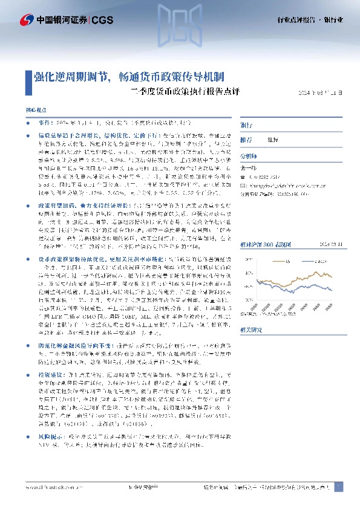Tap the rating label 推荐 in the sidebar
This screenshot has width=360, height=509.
[x=246, y=139]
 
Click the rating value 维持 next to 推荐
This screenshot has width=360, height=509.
[x=273, y=139]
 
